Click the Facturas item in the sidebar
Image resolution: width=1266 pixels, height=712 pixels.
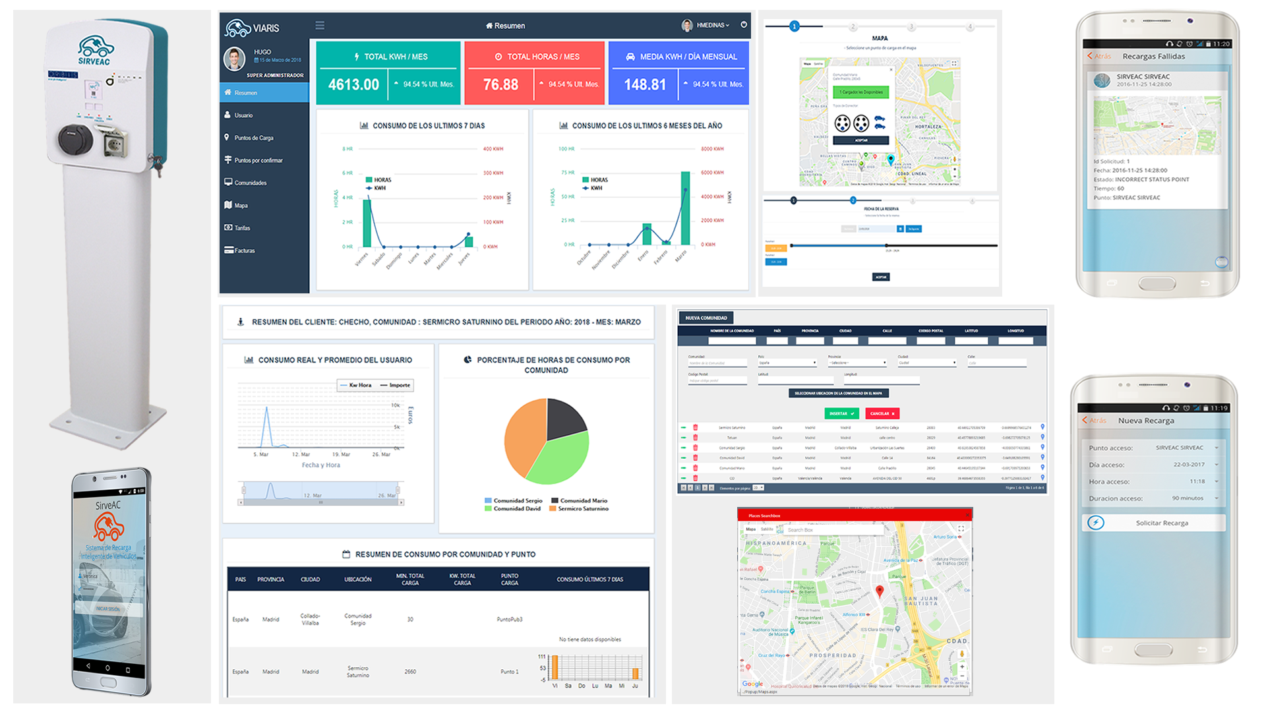point(245,251)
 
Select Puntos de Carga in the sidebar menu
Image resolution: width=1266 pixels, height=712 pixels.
point(254,138)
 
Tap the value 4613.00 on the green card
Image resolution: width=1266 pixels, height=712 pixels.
point(353,84)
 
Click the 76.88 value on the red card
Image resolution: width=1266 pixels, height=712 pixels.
point(500,84)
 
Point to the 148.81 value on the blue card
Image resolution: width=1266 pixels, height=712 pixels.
point(645,84)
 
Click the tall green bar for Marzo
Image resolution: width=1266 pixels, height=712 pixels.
point(686,208)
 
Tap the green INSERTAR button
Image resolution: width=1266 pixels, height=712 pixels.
point(841,413)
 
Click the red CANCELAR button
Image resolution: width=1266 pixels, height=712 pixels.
point(882,413)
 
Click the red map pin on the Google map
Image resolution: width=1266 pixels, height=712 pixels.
point(879,591)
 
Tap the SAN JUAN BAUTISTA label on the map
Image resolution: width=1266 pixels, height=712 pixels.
point(920,601)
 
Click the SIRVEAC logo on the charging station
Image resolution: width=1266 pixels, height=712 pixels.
point(95,51)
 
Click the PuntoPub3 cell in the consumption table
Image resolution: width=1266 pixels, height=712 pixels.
point(510,619)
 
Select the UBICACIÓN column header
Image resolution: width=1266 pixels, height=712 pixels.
point(357,579)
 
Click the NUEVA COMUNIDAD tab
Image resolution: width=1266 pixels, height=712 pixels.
point(706,318)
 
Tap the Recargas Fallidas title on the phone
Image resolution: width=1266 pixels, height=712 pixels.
point(1153,57)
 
